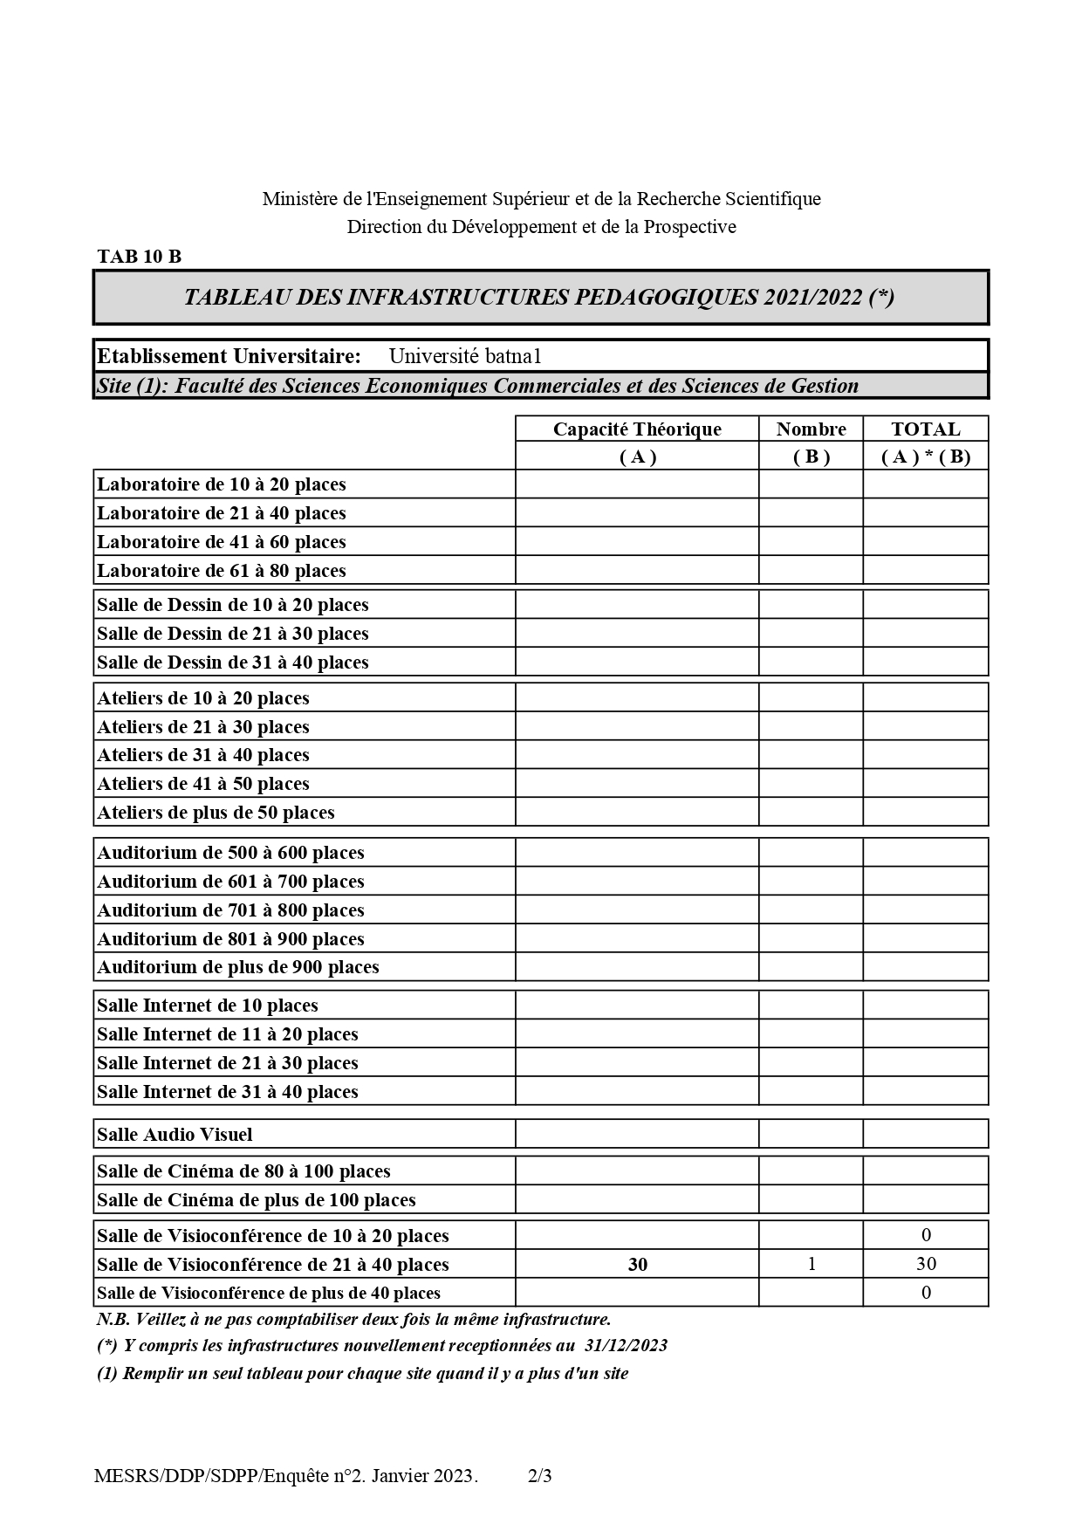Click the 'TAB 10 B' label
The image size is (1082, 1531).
click(140, 257)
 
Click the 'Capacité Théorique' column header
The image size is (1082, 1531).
click(637, 429)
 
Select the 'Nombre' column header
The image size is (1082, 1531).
click(811, 429)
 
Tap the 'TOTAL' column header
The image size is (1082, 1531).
click(925, 429)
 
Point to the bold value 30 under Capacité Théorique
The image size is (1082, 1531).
click(637, 1265)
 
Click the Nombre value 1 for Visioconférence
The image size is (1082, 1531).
click(811, 1264)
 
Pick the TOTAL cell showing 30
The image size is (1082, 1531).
click(926, 1264)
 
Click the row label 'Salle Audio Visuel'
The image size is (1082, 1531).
click(175, 1135)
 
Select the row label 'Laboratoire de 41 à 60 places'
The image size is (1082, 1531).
click(222, 542)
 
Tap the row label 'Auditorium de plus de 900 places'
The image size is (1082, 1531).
click(238, 967)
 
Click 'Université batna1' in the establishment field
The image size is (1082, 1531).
click(465, 356)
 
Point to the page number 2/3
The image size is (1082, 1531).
click(540, 1476)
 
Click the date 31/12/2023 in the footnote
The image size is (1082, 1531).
click(627, 1345)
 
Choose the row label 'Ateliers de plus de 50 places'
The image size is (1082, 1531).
click(216, 813)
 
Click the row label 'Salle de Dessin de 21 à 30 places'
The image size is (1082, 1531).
click(233, 634)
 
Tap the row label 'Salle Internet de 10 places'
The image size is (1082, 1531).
click(208, 1006)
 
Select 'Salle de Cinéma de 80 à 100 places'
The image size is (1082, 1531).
click(243, 1171)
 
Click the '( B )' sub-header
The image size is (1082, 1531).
click(811, 457)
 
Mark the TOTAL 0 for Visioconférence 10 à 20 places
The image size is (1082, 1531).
click(926, 1235)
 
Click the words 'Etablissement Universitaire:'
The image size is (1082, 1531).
click(229, 356)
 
